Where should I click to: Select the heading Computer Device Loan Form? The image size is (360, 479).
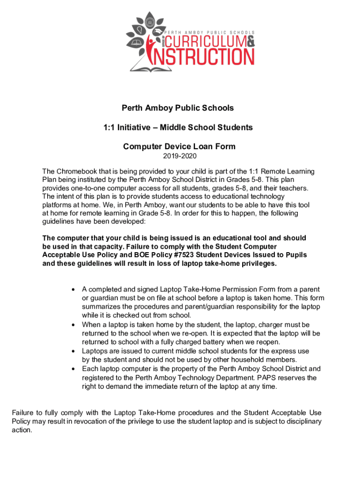179,146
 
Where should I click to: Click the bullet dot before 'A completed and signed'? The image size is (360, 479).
73,290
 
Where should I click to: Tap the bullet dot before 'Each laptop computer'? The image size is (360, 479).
73,369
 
